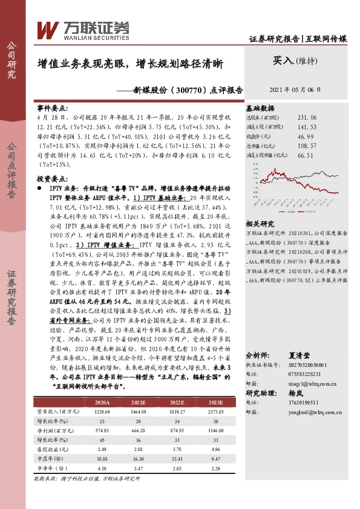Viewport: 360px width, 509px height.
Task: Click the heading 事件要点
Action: click(x=53, y=106)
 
